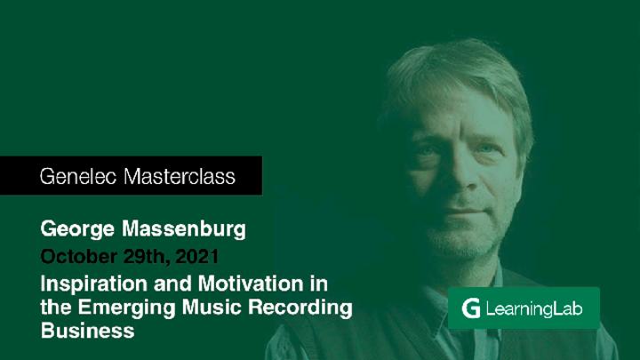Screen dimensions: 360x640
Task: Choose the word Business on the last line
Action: click(87, 332)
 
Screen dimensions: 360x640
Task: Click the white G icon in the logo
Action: click(471, 308)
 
